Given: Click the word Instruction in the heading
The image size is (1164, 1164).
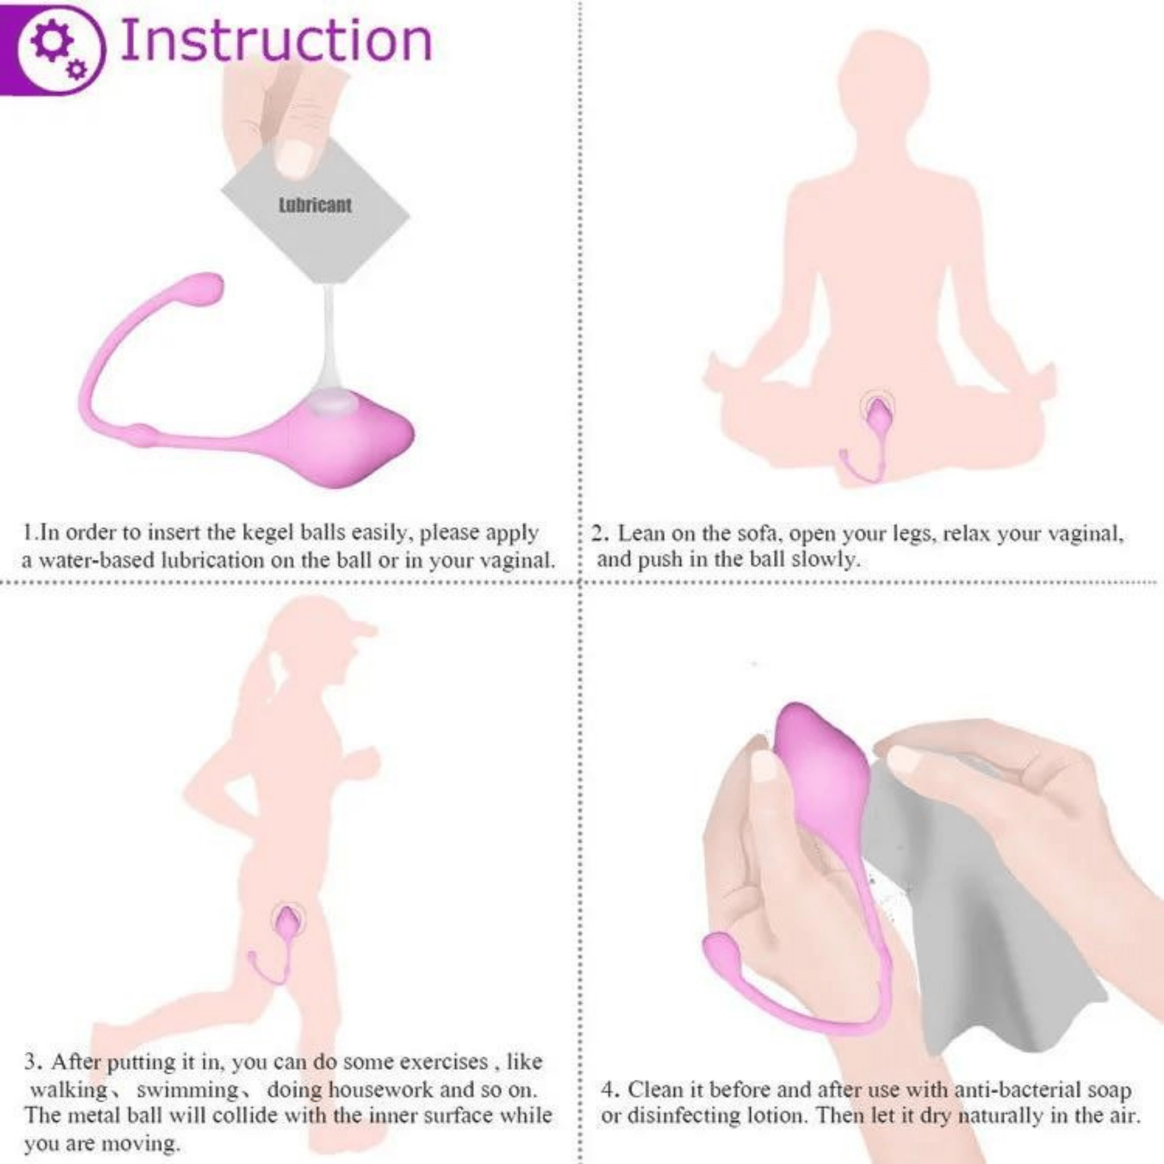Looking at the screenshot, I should (x=276, y=41).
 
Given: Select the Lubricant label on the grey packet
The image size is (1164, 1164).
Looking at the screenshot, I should (x=315, y=205).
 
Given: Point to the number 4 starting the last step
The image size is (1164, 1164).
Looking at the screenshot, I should (x=609, y=1090).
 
